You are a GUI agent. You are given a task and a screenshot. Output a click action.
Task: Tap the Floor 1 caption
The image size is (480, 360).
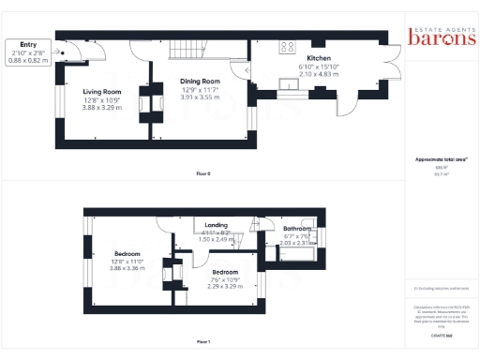[x=203, y=342]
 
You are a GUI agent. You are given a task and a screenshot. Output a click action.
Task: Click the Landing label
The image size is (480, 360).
[x=216, y=225]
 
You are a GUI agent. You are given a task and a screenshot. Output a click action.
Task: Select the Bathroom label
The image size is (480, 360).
[x=297, y=229]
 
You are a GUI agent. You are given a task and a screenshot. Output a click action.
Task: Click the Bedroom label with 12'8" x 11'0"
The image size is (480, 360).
[x=127, y=254]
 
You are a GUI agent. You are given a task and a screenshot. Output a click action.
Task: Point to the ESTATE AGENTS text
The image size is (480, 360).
[x=435, y=25]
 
